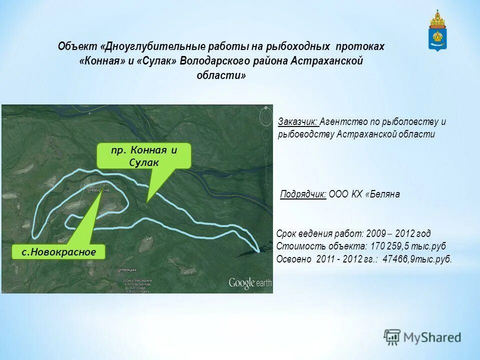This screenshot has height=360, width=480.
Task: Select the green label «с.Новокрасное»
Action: click(x=59, y=252)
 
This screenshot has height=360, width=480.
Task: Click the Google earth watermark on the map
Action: click(x=249, y=283)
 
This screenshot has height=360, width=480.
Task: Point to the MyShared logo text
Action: click(x=432, y=337)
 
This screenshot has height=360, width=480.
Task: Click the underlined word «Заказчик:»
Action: click(x=298, y=121)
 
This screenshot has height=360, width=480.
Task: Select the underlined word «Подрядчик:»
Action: click(x=303, y=194)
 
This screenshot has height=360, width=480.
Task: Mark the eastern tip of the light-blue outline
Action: click(x=258, y=249)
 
